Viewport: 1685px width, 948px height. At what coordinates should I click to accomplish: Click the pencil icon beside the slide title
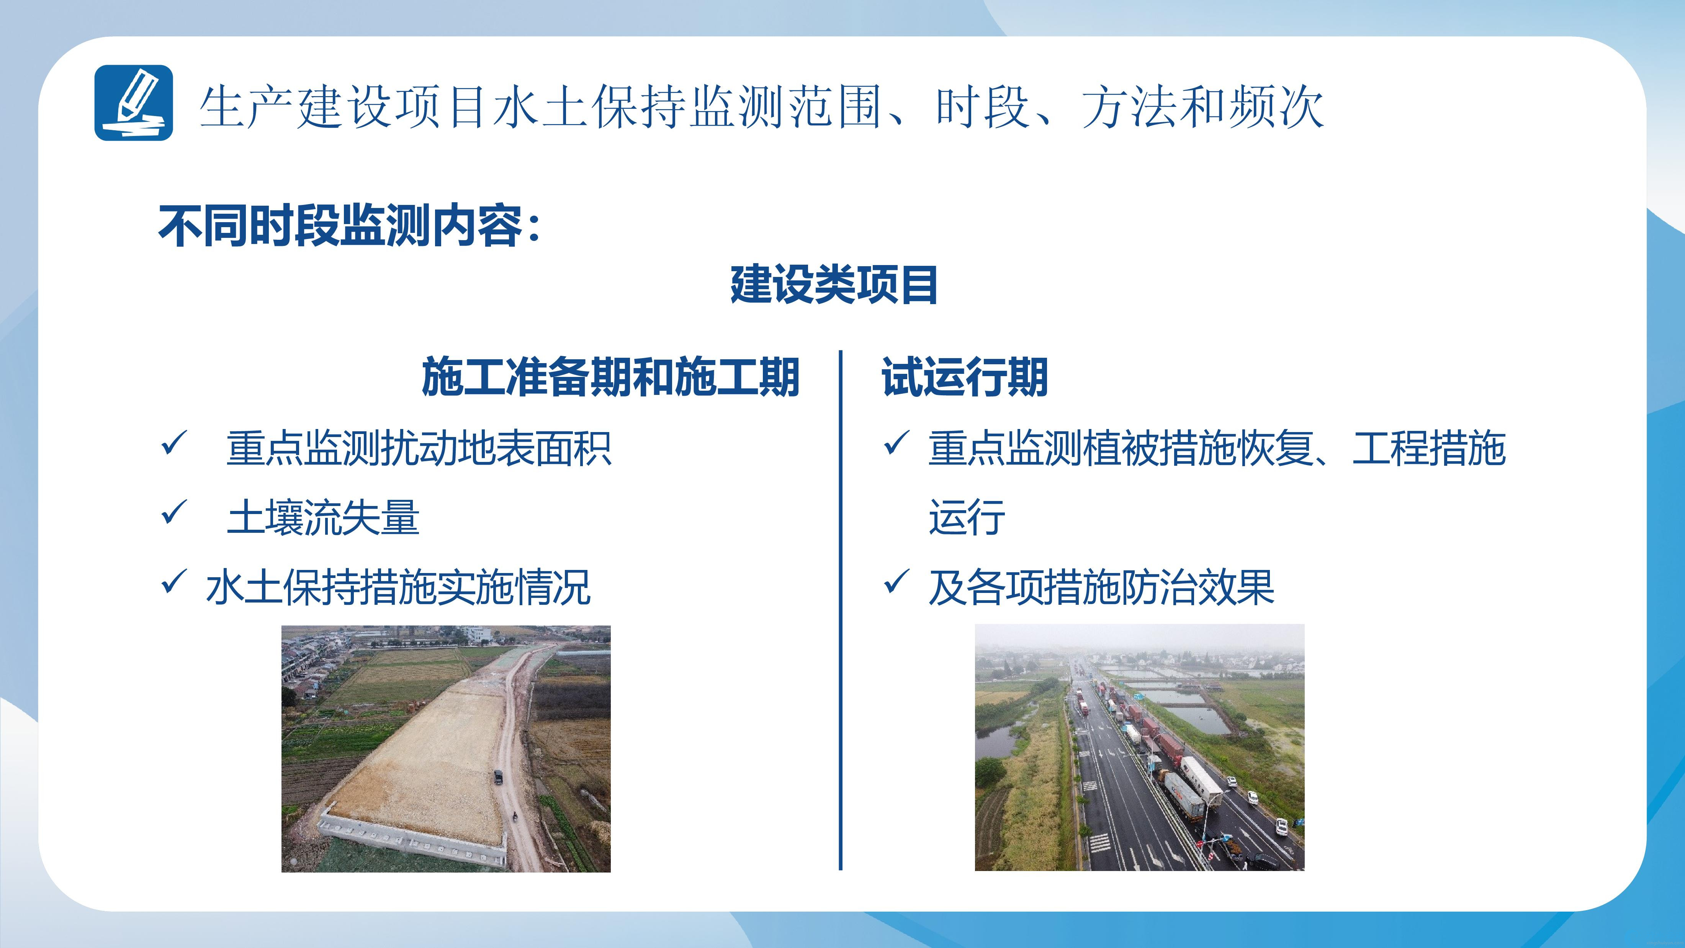coord(133,103)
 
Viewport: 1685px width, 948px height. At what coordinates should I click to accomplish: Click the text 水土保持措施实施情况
coord(398,587)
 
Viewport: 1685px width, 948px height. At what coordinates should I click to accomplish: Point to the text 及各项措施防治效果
coord(1101,587)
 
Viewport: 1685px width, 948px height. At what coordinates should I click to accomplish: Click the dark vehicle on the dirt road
coord(499,777)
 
